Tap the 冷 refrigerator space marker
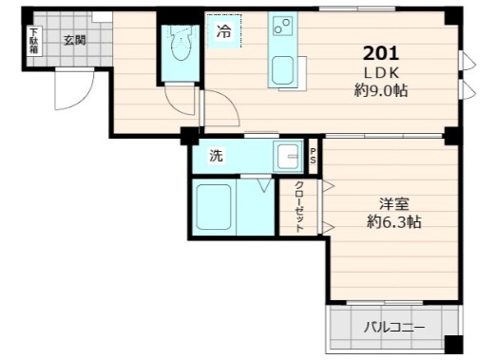(x=223, y=31)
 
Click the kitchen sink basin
(x=283, y=71)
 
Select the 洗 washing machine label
(x=216, y=156)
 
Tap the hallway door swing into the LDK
(x=218, y=109)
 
